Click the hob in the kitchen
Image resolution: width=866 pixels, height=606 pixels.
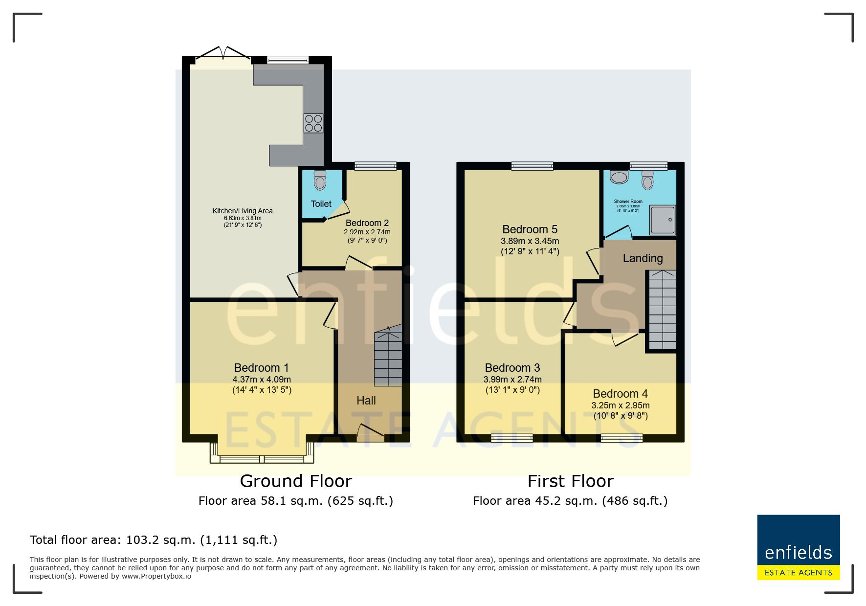313,123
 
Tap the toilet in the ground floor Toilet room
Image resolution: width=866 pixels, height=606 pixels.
320,180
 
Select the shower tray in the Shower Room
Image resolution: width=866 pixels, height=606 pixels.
663,220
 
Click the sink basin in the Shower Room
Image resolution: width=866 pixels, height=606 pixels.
619,177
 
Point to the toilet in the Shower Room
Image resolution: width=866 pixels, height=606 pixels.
647,180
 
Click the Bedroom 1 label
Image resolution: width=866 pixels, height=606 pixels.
262,368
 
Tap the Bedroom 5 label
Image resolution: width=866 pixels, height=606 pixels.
530,229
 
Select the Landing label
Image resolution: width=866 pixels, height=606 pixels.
643,258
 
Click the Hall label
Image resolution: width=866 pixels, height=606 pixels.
366,401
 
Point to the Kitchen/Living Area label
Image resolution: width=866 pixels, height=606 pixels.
243,211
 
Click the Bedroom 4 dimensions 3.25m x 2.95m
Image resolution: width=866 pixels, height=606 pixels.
621,405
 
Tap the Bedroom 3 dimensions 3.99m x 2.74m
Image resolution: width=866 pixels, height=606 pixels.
512,380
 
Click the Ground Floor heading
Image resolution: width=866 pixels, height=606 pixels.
296,481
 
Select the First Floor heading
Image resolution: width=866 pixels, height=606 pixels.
570,481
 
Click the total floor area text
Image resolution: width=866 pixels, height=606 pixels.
154,540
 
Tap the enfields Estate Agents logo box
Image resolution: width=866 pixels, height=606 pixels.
799,547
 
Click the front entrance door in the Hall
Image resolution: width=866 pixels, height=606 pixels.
370,433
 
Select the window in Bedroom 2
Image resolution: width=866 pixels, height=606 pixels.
376,166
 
